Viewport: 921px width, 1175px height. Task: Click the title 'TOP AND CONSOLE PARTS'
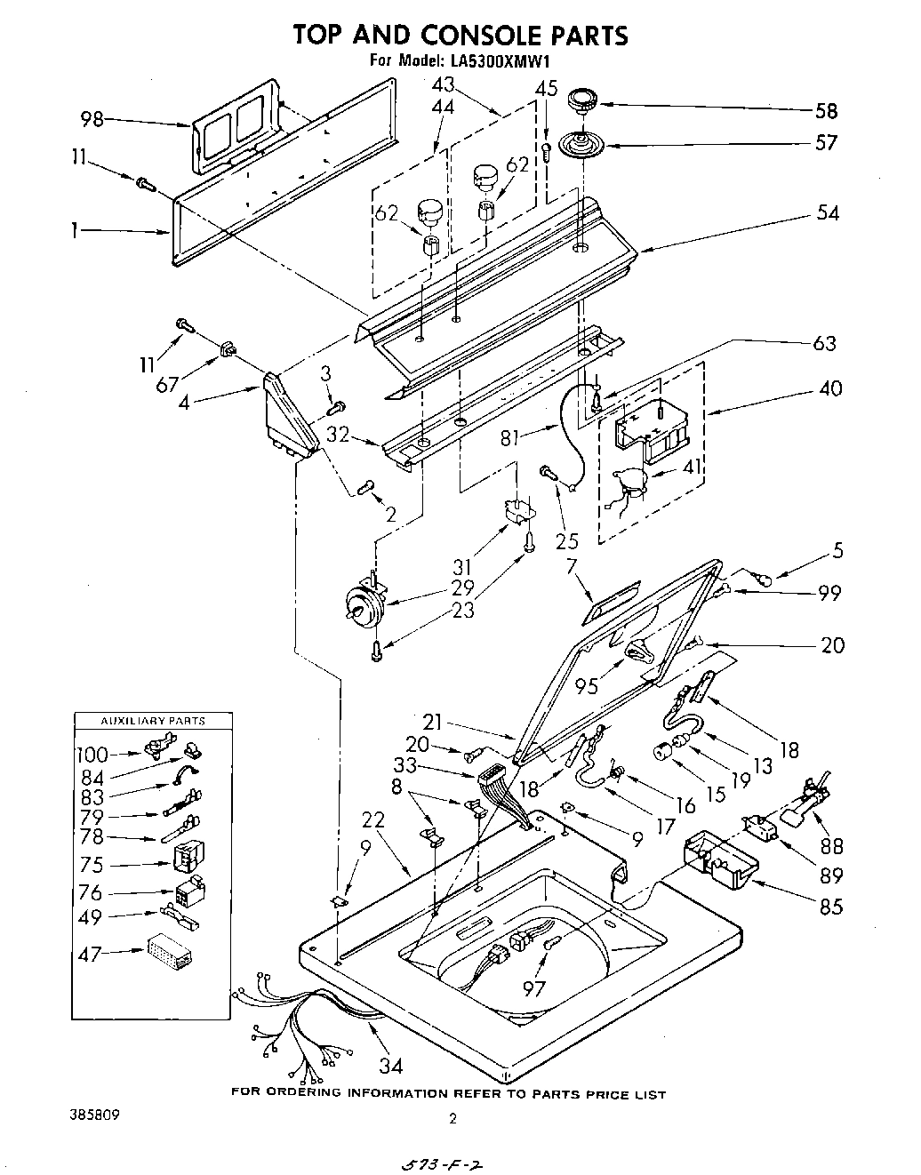(461, 35)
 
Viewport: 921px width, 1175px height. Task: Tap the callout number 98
(92, 119)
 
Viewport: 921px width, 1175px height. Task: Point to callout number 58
(826, 111)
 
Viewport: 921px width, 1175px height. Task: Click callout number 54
(826, 213)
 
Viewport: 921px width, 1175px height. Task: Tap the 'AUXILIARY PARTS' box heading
(152, 721)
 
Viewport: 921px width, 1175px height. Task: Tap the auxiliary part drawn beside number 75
(188, 857)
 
